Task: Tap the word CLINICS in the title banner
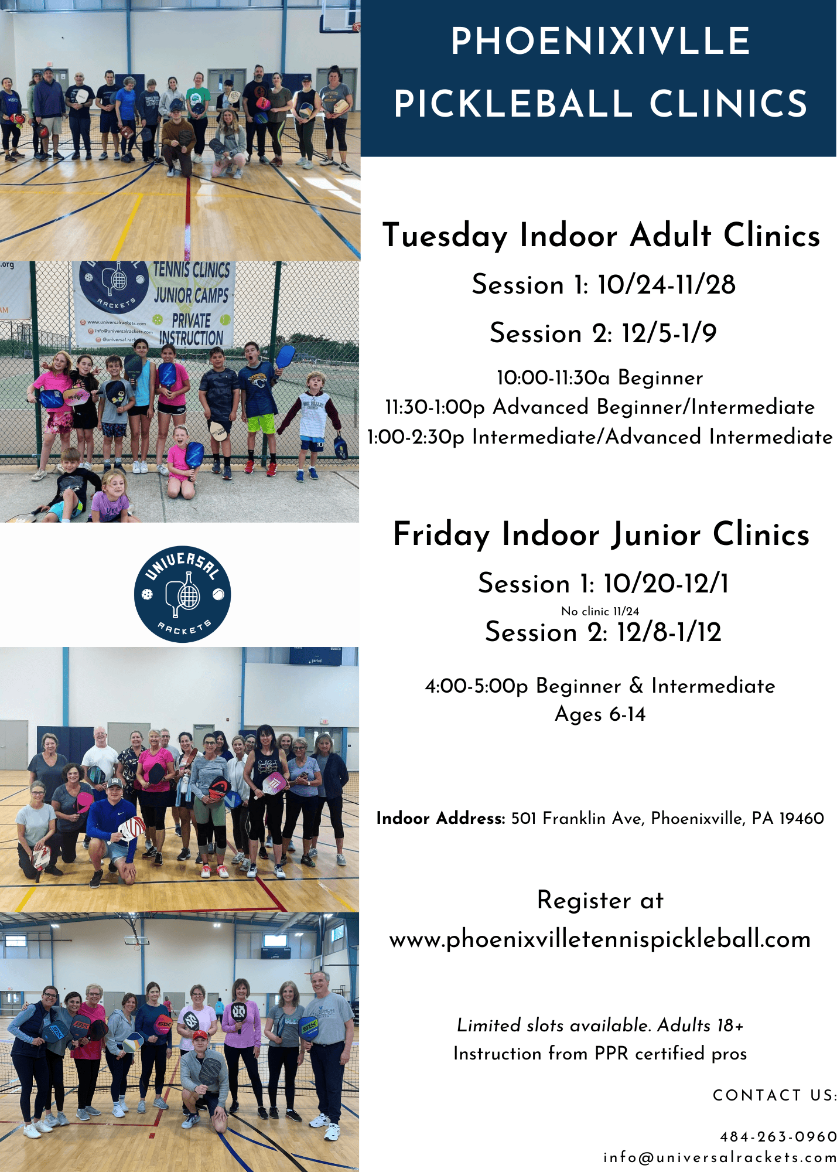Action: [x=729, y=104]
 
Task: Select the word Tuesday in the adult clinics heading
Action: [x=445, y=236]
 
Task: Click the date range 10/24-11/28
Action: [x=667, y=285]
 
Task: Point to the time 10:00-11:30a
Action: [x=553, y=378]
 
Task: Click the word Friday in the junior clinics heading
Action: [x=441, y=535]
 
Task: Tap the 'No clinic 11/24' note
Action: [x=600, y=611]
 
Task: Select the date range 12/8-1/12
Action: [x=669, y=632]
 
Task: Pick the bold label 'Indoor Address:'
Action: [x=440, y=818]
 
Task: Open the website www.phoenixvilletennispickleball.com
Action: [x=600, y=939]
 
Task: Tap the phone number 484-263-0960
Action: [x=778, y=1137]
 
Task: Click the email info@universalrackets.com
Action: [x=720, y=1157]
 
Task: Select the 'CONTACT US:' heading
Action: [x=774, y=1095]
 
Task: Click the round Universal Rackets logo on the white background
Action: [x=182, y=594]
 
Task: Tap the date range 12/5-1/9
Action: [x=669, y=333]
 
